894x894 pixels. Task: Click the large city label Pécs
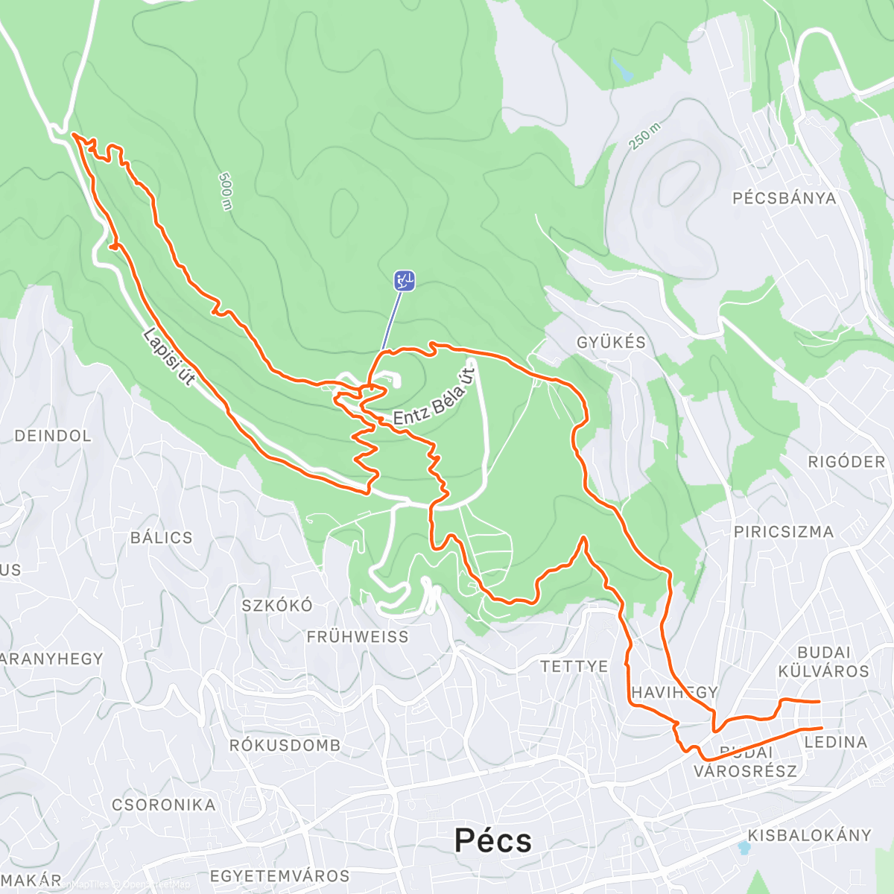493,840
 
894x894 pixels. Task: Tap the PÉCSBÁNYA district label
784,198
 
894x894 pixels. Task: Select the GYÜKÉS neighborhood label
611,343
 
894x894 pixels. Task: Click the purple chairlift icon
404,281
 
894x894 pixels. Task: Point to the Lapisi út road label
169,357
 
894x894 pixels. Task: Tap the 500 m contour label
226,191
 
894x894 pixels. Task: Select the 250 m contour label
644,137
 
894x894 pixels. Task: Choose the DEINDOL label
53,436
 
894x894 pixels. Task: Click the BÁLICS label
161,538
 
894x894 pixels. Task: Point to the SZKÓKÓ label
277,606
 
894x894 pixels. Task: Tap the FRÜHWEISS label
358,637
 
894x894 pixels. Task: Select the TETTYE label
574,666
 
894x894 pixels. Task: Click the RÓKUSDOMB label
285,746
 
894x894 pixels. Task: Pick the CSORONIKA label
163,805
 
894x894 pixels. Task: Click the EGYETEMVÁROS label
279,876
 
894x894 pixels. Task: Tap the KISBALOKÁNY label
809,835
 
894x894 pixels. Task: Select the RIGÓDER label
846,462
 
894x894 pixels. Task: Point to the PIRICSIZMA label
784,532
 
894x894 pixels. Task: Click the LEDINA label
836,742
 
